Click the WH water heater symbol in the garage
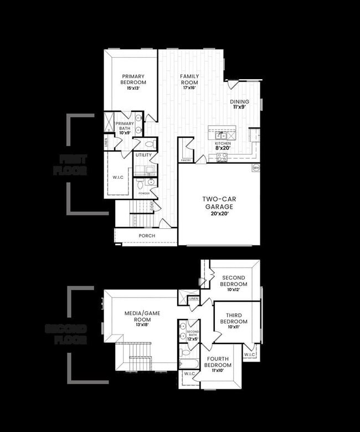(x=255, y=167)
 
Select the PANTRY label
(x=186, y=161)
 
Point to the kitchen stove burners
(x=222, y=156)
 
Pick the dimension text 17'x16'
(x=189, y=88)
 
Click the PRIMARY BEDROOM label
(x=133, y=79)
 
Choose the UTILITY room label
(x=143, y=155)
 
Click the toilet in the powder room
(x=140, y=183)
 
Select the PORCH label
(x=147, y=236)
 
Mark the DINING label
(x=240, y=101)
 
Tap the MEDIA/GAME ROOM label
(x=142, y=316)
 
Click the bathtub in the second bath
(x=186, y=364)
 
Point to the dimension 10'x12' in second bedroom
(x=234, y=289)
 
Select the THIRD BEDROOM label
(x=234, y=318)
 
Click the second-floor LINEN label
(x=193, y=299)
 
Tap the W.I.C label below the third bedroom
(x=249, y=354)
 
